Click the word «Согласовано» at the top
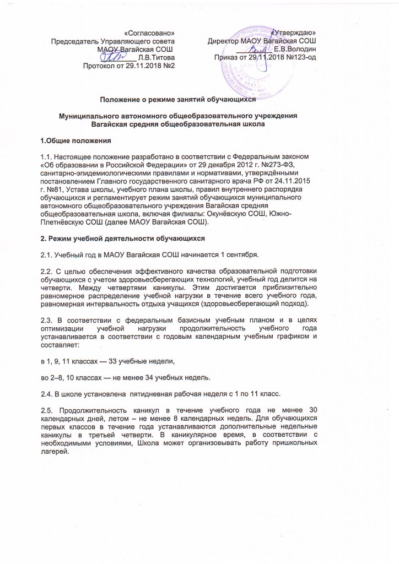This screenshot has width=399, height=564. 150,32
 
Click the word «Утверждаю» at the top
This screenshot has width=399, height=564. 296,32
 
